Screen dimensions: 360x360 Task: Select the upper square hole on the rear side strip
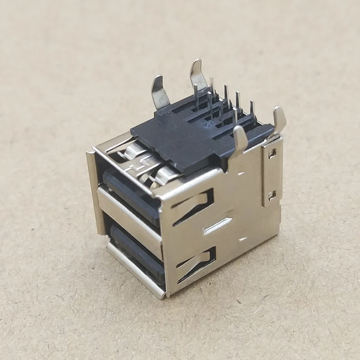(271, 154)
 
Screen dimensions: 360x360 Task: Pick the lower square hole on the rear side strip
(271, 195)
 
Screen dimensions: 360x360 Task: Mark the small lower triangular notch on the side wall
(243, 239)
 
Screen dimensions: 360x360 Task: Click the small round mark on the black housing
(208, 121)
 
